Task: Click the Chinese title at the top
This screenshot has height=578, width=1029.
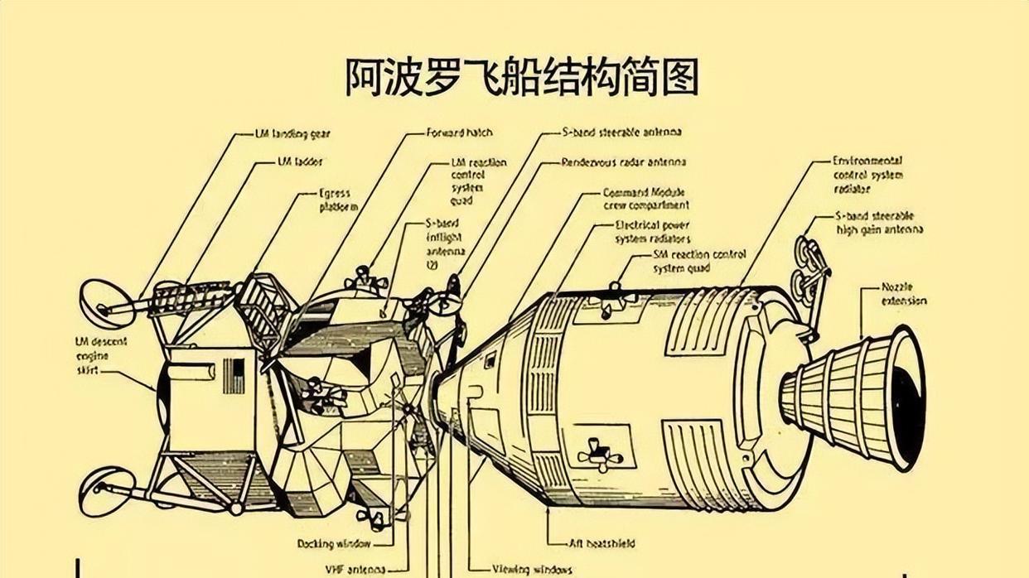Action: tap(521, 77)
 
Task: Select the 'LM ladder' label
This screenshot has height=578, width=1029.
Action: tap(300, 162)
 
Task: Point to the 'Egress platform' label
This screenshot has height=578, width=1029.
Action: tap(338, 200)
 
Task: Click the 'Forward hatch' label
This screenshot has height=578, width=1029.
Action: tap(459, 132)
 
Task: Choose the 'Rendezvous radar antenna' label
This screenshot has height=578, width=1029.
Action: tap(623, 162)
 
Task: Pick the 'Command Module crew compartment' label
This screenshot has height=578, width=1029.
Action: tap(645, 199)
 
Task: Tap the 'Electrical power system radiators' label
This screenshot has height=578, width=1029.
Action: tap(652, 232)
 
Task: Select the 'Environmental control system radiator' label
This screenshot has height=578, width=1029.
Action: tap(867, 175)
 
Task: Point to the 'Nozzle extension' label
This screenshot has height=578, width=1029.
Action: tap(904, 295)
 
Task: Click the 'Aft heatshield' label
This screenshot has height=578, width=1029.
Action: tap(601, 543)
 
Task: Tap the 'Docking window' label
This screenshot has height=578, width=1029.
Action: tap(334, 543)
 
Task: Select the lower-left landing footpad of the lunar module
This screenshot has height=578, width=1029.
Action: tap(106, 489)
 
